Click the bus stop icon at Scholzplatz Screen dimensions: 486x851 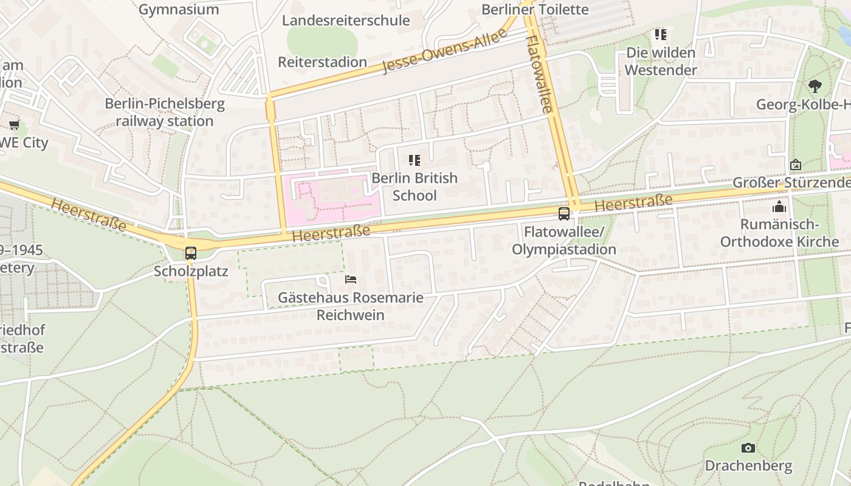(191, 253)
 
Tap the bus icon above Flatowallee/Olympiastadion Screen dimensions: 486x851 (564, 214)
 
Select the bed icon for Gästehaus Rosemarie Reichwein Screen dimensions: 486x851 (351, 279)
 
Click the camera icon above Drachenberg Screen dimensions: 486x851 (748, 448)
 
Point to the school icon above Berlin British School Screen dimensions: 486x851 (415, 160)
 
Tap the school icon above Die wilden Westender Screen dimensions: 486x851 (661, 35)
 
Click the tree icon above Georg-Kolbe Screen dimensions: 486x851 (815, 86)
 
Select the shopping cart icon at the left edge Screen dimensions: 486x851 (14, 125)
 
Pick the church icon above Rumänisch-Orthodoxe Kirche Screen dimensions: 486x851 (779, 207)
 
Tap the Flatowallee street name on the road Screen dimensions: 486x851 (539, 74)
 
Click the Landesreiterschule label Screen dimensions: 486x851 (346, 21)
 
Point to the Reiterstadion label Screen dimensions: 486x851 (322, 62)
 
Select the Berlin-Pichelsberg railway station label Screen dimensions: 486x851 (165, 112)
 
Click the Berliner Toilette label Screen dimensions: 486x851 (535, 10)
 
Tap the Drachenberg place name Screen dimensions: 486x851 (748, 466)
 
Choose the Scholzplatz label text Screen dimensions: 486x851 (191, 271)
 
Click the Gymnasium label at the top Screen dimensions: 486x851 (179, 9)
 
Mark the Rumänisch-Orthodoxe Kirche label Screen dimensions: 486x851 (779, 233)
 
